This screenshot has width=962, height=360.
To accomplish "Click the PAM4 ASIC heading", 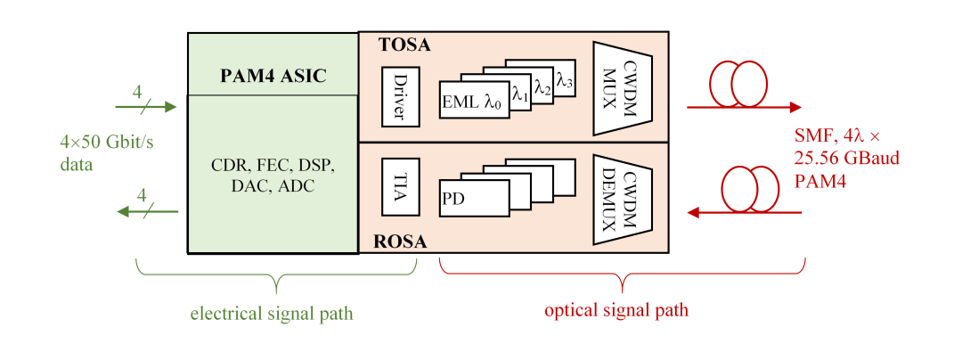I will tap(273, 77).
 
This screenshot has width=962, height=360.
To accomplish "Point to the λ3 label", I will tap(565, 81).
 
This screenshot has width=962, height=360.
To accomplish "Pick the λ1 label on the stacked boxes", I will tap(520, 93).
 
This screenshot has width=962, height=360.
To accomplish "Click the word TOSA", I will tap(404, 45).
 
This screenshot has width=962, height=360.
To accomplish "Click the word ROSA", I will tap(401, 241).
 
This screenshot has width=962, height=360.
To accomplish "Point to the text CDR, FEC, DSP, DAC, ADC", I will tap(273, 176).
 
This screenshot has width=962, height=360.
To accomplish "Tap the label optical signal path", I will tap(616, 311).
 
